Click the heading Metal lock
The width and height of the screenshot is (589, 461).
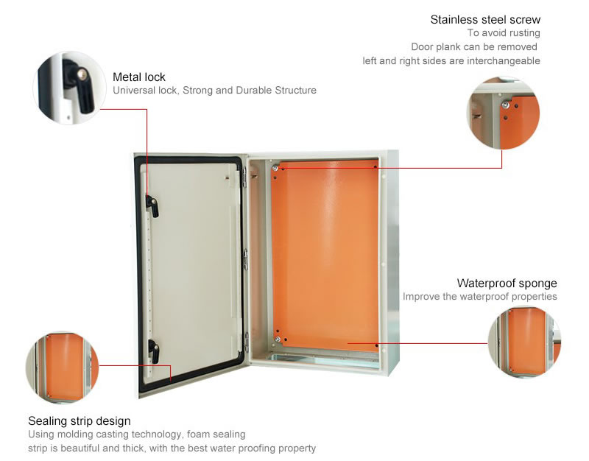click(x=139, y=77)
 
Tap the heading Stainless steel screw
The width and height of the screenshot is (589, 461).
click(x=485, y=20)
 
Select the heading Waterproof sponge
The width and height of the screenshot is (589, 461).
click(x=507, y=284)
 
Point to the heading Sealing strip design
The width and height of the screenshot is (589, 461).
click(x=80, y=420)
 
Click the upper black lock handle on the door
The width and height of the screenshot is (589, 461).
click(x=152, y=206)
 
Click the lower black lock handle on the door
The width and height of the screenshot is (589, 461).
click(x=153, y=350)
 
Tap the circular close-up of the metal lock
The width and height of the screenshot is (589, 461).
click(x=69, y=88)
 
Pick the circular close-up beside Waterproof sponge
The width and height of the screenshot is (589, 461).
click(x=524, y=342)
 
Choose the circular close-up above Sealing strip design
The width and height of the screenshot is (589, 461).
click(x=62, y=367)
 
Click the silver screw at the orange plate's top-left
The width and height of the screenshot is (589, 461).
click(x=275, y=169)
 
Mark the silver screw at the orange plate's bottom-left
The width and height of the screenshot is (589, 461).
click(x=278, y=339)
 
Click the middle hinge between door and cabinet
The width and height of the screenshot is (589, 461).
click(x=246, y=259)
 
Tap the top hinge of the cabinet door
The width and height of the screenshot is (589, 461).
click(x=245, y=177)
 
